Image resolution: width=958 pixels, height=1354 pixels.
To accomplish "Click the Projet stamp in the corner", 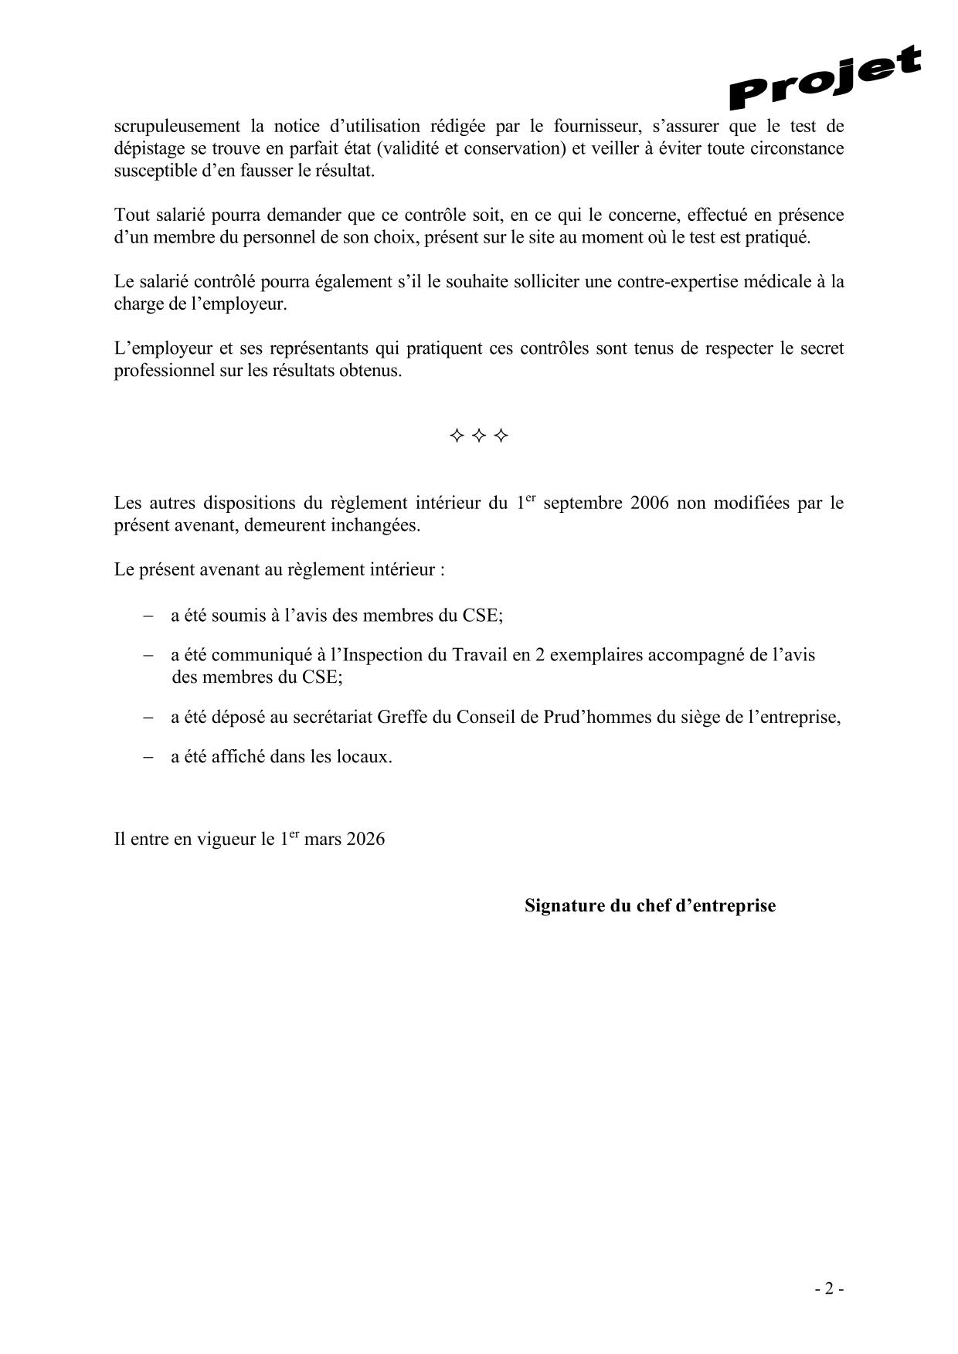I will (825, 77).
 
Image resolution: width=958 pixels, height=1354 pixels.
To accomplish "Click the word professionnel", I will (162, 372).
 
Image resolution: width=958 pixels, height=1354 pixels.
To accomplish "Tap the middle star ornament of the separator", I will (479, 436).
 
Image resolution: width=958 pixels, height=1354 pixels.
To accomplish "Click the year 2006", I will (650, 504).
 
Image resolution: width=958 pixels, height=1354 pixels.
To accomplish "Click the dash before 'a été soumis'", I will (148, 616).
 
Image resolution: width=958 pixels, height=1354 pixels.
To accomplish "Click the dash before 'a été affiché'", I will (148, 757).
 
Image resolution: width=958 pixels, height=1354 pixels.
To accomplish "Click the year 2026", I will (365, 840).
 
